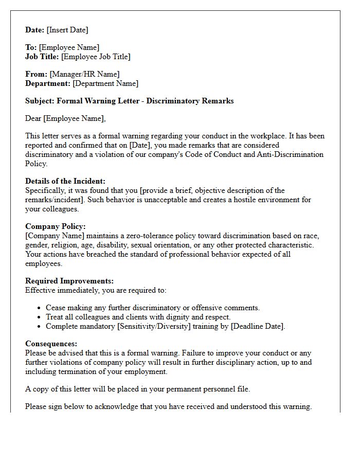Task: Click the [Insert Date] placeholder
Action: [68, 30]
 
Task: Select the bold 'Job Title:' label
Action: [42, 57]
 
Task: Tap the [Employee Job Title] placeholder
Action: [96, 57]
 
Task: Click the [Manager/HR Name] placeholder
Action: [84, 74]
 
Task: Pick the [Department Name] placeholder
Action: [105, 83]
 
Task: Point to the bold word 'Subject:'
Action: [40, 101]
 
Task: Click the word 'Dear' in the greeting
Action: [33, 118]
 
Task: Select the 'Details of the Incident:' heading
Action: [65, 181]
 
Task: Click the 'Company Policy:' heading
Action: [56, 226]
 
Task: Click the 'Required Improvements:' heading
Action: [69, 281]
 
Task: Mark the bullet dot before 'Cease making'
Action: [40, 308]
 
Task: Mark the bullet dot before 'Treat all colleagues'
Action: [40, 317]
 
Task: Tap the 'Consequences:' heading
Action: [51, 344]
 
